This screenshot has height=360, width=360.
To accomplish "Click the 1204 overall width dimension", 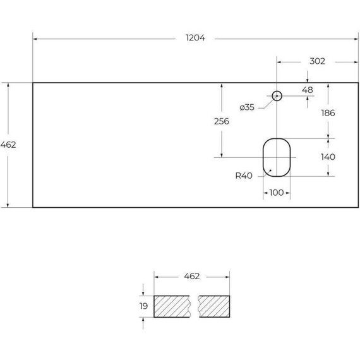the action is pyautogui.click(x=195, y=38).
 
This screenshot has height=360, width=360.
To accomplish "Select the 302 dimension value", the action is pyautogui.click(x=317, y=61).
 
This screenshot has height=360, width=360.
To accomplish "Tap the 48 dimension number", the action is pyautogui.click(x=308, y=90).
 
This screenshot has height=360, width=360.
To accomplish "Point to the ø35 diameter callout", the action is pyautogui.click(x=247, y=107).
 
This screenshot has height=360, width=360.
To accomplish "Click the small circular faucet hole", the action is pyautogui.click(x=277, y=92).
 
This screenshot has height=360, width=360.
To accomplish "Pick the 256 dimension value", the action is pyautogui.click(x=222, y=121).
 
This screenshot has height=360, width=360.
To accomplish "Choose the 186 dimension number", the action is pyautogui.click(x=328, y=113).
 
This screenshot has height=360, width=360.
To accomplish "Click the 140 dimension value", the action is pyautogui.click(x=328, y=157).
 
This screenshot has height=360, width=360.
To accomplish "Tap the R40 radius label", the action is pyautogui.click(x=244, y=176).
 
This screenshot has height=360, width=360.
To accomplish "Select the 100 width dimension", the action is pyautogui.click(x=277, y=193).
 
